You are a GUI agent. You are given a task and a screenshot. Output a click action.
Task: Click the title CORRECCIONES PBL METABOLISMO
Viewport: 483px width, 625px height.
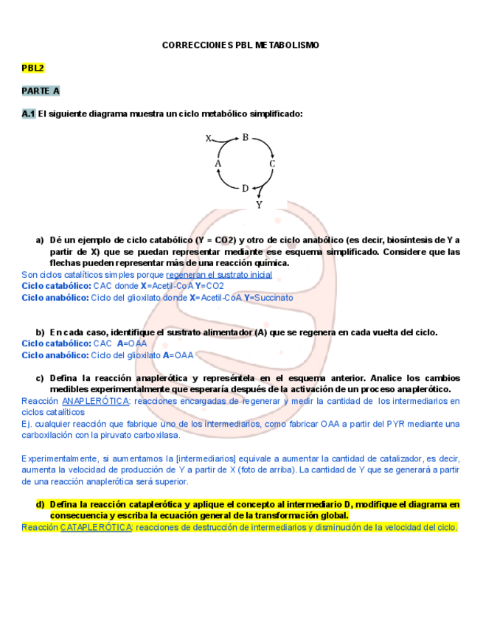tap(240, 46)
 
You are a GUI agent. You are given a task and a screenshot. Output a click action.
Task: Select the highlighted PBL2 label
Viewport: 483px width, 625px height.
tap(33, 68)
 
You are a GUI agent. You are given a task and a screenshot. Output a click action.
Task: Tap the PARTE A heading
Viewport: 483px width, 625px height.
tap(41, 91)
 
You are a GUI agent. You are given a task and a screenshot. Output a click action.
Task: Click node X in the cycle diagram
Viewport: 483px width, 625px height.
tap(209, 138)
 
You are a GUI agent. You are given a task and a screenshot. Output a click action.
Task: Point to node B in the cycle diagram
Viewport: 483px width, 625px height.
tap(246, 136)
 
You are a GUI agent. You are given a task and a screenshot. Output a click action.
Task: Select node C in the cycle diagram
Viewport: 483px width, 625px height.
tap(272, 164)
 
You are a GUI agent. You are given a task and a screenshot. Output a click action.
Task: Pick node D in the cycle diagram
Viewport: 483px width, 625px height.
tap(245, 188)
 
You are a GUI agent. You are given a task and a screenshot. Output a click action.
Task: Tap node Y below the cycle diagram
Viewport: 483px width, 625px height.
tap(259, 206)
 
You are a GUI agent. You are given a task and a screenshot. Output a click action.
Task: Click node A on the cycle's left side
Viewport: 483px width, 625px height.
tap(218, 163)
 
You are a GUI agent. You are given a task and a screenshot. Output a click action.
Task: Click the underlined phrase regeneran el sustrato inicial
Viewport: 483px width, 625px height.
tap(219, 275)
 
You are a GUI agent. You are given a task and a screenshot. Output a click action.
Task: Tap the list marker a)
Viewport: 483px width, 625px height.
tap(40, 240)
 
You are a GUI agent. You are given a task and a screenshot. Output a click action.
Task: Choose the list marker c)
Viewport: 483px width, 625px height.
tap(40, 378)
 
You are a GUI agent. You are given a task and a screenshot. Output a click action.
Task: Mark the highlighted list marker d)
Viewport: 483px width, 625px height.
tap(41, 504)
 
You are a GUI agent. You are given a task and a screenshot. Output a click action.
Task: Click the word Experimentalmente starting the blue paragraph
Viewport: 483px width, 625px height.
tap(60, 458)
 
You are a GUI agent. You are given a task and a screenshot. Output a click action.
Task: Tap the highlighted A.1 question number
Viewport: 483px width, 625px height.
tap(29, 114)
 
